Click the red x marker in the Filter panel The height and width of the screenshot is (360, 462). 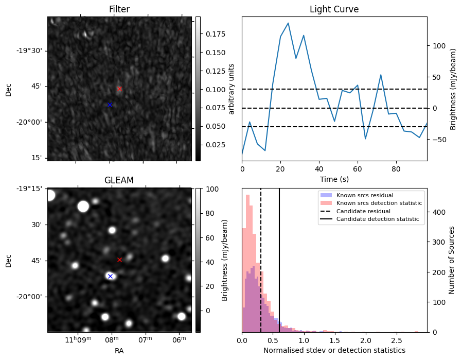(x=119, y=89)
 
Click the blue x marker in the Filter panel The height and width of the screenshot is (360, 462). (x=110, y=105)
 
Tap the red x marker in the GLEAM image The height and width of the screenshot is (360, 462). (x=119, y=260)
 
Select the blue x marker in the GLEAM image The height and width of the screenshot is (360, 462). (x=110, y=277)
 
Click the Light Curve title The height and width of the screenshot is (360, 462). (x=334, y=9)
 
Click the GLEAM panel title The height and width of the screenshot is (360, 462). (x=119, y=180)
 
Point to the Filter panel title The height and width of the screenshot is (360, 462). (x=119, y=9)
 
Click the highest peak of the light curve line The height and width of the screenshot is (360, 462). (x=288, y=23)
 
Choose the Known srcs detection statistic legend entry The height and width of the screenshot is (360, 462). (x=379, y=203)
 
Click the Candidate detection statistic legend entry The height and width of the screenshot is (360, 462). (x=377, y=219)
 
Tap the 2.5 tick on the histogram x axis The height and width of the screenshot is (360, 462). (x=397, y=340)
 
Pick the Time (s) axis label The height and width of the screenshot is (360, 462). (x=334, y=178)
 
